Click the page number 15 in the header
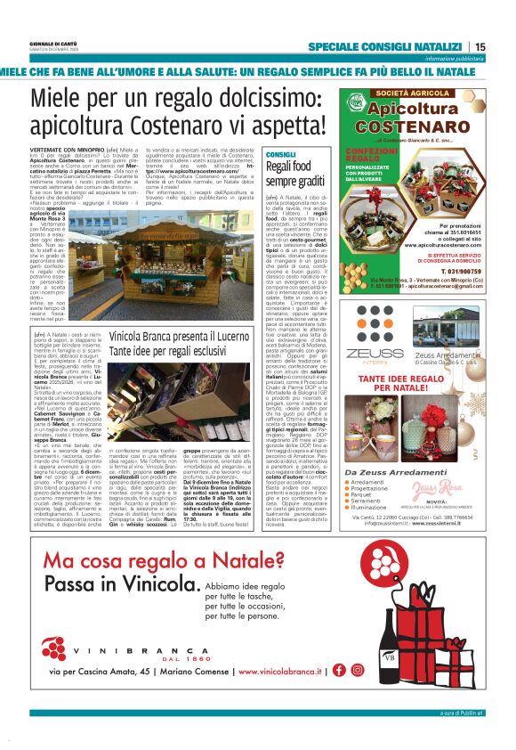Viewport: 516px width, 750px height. click(x=480, y=47)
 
